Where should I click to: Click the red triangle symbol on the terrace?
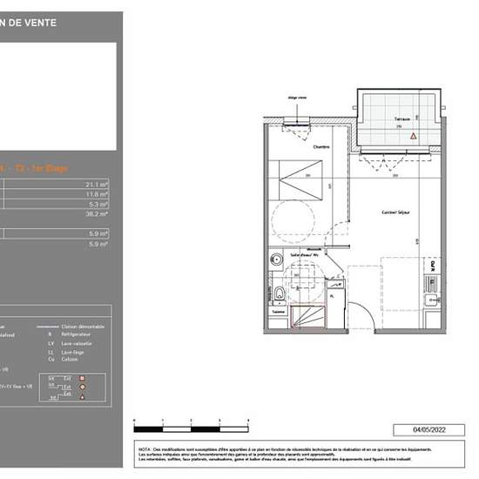click(x=415, y=137)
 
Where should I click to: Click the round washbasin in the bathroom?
click(x=275, y=260)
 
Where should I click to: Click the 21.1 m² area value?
click(x=97, y=185)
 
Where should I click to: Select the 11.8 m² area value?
click(x=97, y=194)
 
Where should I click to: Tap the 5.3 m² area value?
click(x=98, y=205)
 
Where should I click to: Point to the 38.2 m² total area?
click(x=97, y=213)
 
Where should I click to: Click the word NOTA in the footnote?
click(x=144, y=445)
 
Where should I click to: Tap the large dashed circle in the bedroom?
click(x=292, y=218)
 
